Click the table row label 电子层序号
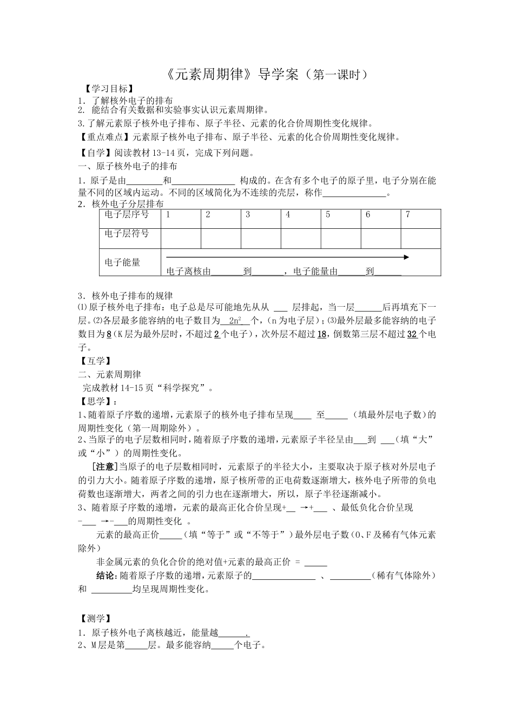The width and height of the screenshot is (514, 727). tap(127, 215)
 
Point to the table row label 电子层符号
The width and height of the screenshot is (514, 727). tap(127, 234)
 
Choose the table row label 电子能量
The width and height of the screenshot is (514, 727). tap(122, 262)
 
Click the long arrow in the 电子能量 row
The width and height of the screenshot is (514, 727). tap(287, 257)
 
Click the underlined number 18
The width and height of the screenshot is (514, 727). tap(321, 335)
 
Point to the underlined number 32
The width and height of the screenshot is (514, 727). tap(411, 335)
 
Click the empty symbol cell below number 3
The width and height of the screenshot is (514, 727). tap(261, 238)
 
